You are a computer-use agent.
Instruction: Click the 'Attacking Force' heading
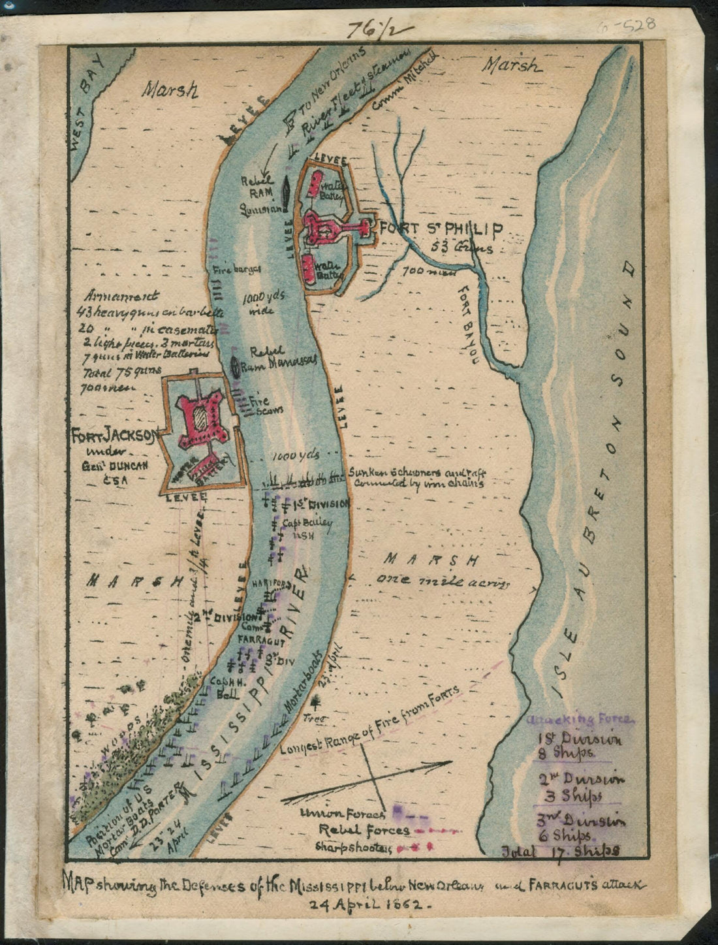point(578,720)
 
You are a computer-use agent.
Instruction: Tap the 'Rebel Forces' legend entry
point(364,830)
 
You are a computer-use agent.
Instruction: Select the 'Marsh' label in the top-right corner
point(512,65)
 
